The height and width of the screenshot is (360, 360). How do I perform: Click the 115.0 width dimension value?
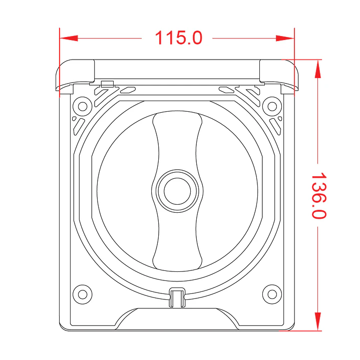point(179,38)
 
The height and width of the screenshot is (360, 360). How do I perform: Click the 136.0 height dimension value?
point(319,195)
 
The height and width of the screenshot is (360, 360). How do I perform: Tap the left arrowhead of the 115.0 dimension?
point(69,38)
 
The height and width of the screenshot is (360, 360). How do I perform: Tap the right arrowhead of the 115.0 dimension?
point(285,38)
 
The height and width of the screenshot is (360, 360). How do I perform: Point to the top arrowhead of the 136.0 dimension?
point(318,69)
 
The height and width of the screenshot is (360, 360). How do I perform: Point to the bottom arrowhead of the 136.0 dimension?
point(318,321)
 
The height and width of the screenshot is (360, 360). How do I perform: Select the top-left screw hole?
point(83,106)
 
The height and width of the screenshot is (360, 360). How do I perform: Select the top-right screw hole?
point(272,106)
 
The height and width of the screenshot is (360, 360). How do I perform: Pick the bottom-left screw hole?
point(83,294)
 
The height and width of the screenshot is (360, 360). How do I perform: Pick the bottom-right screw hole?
point(272,294)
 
